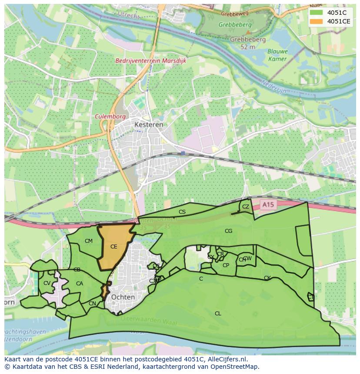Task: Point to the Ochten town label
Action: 123,297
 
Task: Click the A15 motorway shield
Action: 269,204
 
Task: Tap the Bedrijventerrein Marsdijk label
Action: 150,61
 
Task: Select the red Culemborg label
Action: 110,116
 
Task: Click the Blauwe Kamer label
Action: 277,55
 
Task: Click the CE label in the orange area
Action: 113,247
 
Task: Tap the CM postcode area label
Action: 89,241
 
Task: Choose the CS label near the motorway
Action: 182,212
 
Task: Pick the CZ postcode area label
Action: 246,207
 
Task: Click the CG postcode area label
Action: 228,231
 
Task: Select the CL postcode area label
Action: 218,313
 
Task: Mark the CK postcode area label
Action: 267,278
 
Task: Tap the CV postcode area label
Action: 47,283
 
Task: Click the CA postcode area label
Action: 79,284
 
